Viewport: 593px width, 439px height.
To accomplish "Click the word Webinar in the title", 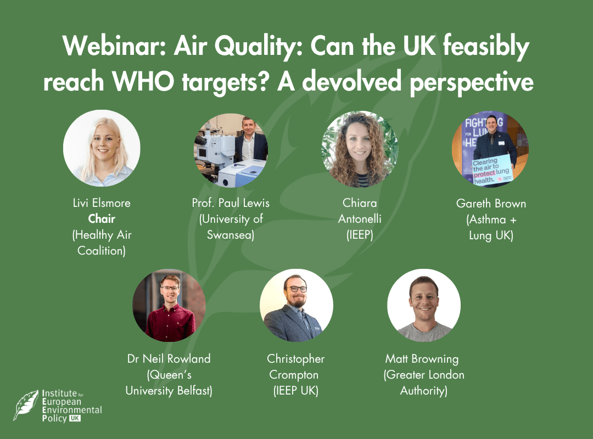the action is [x=114, y=46].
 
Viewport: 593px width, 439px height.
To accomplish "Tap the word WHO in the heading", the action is [x=143, y=81].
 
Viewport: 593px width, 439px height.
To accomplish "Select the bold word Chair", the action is [x=102, y=218].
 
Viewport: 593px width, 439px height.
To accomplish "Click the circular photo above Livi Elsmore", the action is [x=102, y=148].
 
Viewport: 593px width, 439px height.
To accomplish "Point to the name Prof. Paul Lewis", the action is [x=231, y=203].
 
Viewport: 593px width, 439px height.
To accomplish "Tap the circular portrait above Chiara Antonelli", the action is [x=360, y=149].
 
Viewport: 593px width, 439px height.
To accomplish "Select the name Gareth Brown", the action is [x=491, y=204].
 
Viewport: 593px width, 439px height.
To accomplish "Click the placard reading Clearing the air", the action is [x=491, y=171].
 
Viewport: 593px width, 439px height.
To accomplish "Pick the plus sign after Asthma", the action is [x=513, y=219].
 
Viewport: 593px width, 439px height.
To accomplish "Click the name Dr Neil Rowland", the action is [x=169, y=358].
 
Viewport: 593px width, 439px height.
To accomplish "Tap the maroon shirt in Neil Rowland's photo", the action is [x=170, y=323].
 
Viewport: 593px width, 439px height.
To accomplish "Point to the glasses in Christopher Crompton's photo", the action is [x=298, y=289].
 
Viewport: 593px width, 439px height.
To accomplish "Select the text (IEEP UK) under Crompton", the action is [x=296, y=391].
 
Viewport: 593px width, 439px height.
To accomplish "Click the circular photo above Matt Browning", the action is [x=424, y=306].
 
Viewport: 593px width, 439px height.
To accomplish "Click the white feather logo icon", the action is [x=26, y=405].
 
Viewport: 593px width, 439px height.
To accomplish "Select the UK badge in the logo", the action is [x=75, y=418].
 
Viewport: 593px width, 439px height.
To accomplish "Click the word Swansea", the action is [x=231, y=235].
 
